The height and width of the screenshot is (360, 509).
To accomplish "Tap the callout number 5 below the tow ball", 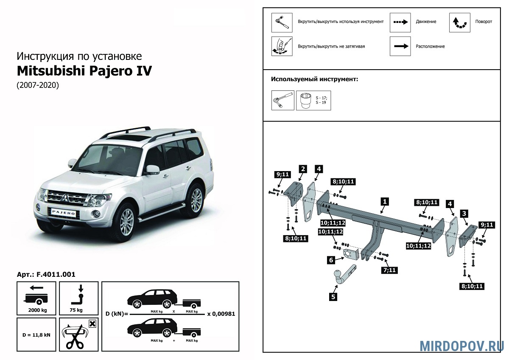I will [333, 297].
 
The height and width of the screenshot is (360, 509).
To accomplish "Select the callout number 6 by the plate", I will [330, 260].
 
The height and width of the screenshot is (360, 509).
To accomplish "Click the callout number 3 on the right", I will [464, 213].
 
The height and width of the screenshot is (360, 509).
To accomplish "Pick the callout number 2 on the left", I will [302, 169].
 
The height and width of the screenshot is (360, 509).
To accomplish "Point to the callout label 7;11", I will [390, 270].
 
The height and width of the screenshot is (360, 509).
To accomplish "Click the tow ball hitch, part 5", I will [342, 276].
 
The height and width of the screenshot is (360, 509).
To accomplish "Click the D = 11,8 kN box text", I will [36, 335].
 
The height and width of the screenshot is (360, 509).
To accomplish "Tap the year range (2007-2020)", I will [38, 85].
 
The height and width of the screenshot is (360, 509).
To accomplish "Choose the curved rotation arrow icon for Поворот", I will [459, 22].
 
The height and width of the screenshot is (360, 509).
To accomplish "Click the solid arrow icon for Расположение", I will [400, 46].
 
